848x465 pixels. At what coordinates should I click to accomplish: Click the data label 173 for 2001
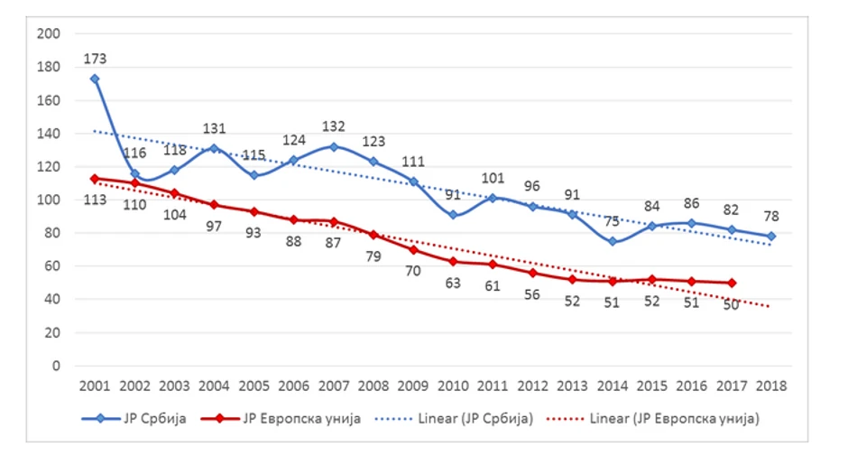click(95, 59)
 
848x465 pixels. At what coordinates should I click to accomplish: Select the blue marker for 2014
click(613, 241)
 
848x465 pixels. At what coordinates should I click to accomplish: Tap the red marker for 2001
click(95, 179)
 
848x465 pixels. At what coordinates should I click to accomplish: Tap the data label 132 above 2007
click(335, 126)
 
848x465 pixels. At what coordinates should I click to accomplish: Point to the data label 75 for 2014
click(613, 221)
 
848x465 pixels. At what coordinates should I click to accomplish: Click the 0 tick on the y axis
click(55, 366)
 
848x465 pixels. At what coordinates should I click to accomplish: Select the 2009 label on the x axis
click(414, 386)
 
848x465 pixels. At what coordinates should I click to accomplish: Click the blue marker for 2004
click(215, 148)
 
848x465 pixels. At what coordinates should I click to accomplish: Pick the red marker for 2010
click(454, 261)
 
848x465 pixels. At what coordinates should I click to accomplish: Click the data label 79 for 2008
click(374, 256)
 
